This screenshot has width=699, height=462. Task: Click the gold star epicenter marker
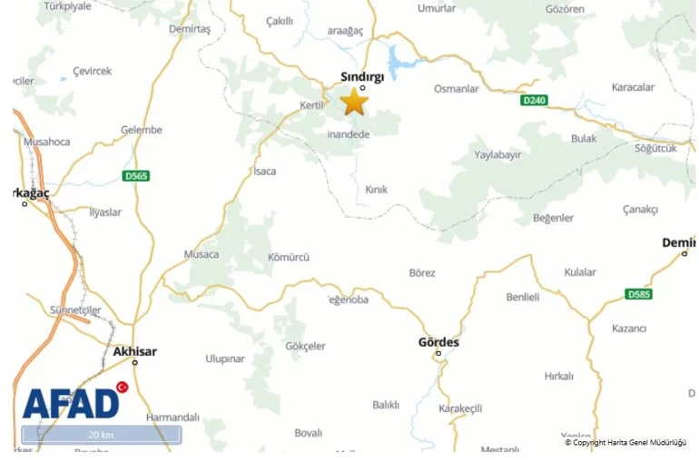[354, 102]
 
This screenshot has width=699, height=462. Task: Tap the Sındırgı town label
[362, 77]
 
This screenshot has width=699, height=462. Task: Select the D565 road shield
[136, 175]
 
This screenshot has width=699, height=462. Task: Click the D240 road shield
[535, 100]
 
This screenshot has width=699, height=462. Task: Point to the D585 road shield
[639, 294]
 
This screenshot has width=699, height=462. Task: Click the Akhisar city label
[135, 351]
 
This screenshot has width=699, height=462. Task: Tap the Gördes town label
[438, 342]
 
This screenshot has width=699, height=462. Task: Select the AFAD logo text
[70, 404]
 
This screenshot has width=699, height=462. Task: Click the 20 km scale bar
[101, 435]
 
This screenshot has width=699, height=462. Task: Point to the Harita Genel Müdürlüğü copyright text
[625, 443]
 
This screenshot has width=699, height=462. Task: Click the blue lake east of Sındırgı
[398, 62]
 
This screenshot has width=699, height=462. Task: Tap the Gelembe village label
[142, 130]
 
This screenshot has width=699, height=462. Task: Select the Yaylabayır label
[498, 154]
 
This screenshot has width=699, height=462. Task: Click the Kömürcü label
[289, 257]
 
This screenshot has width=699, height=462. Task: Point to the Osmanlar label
[457, 89]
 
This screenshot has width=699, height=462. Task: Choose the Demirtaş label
[190, 29]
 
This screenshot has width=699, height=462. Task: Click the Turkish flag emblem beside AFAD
[123, 388]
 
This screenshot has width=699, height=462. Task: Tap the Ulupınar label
[225, 359]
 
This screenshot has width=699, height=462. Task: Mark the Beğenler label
[553, 218]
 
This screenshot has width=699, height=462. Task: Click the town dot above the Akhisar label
[135, 362]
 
